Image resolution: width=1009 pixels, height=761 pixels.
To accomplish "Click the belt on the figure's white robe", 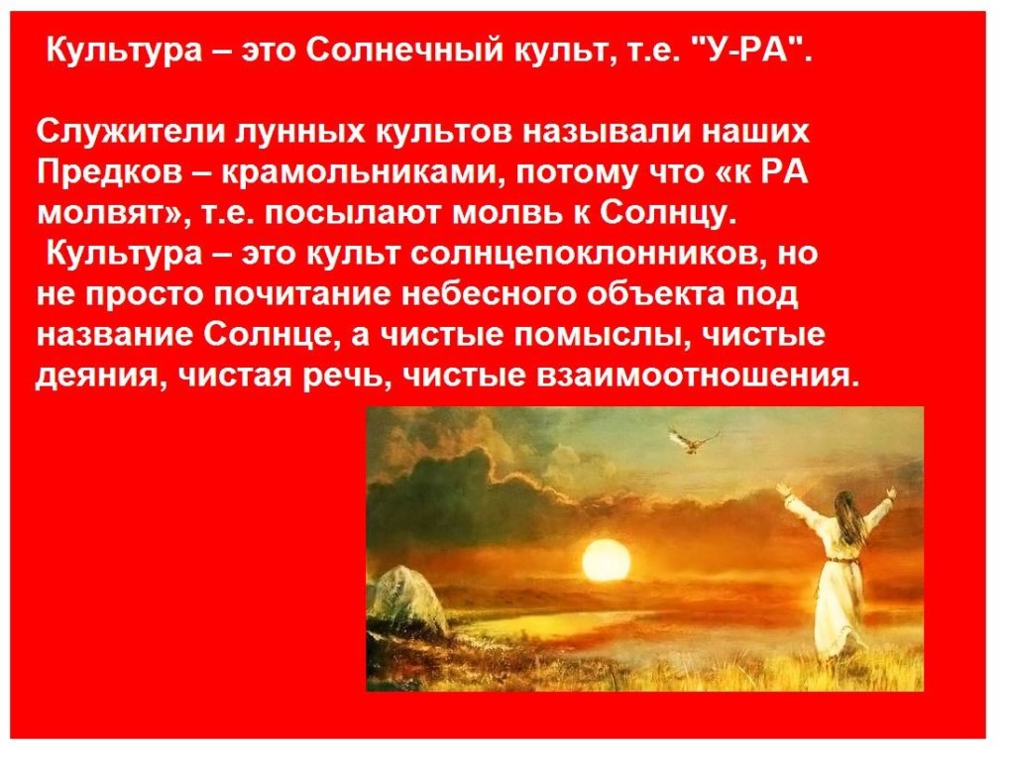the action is click(x=841, y=561).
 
